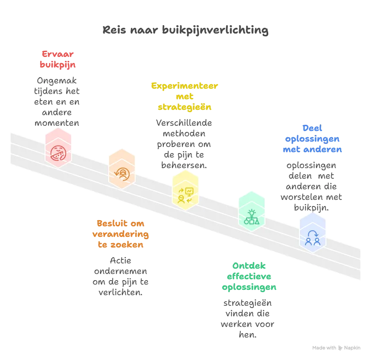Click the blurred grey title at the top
(x=185, y=31)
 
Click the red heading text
(x=58, y=59)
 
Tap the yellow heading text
(x=185, y=96)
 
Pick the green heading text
(x=249, y=277)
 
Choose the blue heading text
(x=312, y=139)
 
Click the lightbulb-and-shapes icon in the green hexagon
(x=251, y=217)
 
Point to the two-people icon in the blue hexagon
(x=312, y=238)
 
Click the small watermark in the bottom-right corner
(x=336, y=348)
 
